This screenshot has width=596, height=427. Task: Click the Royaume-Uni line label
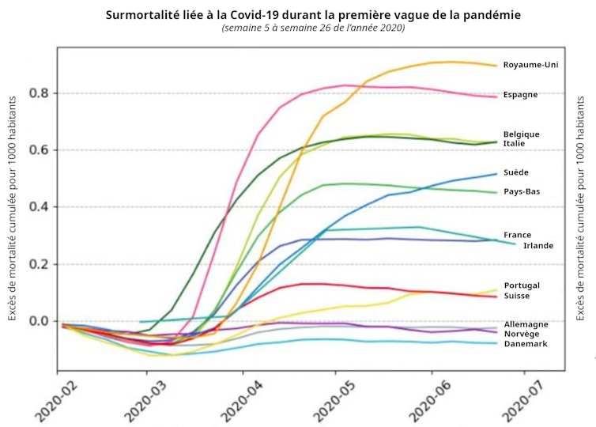(x=530, y=65)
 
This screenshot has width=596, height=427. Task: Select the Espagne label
(x=520, y=95)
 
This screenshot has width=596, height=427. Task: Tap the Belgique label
(x=521, y=134)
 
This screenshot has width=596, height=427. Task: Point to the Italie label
(x=515, y=143)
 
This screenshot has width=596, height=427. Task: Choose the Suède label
(x=516, y=172)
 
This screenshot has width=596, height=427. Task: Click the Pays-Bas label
(x=522, y=191)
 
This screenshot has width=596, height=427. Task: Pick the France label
(x=517, y=235)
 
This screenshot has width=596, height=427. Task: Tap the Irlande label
(x=538, y=245)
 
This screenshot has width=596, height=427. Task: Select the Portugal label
(x=522, y=285)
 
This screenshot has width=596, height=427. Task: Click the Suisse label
(x=516, y=296)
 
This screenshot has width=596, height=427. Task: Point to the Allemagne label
(x=526, y=324)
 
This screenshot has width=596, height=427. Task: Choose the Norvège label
(x=522, y=334)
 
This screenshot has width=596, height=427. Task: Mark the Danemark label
(x=525, y=344)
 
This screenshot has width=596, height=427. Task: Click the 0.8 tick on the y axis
(x=40, y=93)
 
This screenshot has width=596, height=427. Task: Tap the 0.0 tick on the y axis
(x=40, y=321)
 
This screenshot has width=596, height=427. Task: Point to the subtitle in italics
(x=313, y=28)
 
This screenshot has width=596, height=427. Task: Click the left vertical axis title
(x=13, y=209)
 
